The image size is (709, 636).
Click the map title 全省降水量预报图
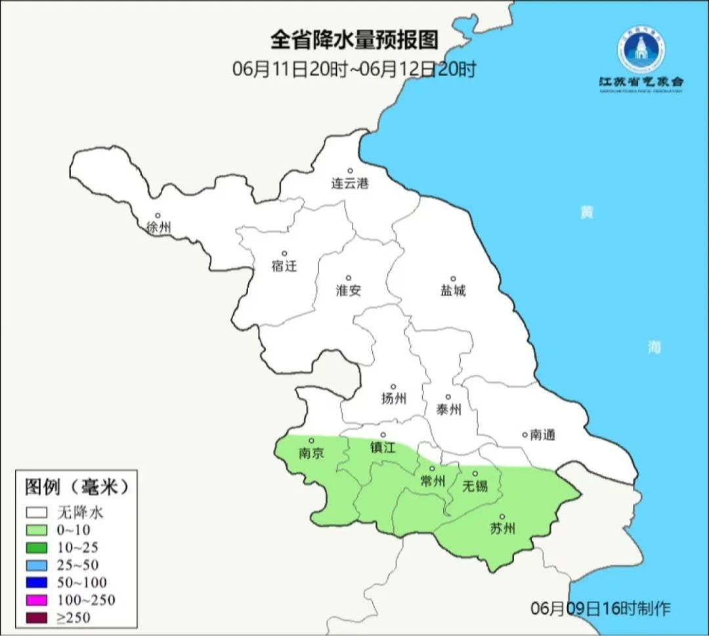coord(354,40)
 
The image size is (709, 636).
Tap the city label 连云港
coord(350,184)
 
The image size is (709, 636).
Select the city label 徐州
coord(159,228)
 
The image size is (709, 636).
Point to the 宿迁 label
coord(284,266)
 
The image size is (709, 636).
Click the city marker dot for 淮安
coord(349,278)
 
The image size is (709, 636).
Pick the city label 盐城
coord(452,291)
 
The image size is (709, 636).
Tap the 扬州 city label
coord(394,398)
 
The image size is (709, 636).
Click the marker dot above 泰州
coord(448,396)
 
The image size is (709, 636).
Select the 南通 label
coord(543,435)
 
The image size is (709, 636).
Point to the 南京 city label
coord(311,453)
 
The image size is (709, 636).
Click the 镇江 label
coord(383,447)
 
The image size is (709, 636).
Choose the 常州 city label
coord(433,482)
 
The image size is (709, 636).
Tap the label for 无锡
coord(475,486)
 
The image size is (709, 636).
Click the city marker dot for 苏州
coord(502,517)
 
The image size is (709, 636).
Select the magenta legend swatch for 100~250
coord(37,599)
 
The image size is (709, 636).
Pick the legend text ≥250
coord(74,617)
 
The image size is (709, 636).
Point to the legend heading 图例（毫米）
coord(75,488)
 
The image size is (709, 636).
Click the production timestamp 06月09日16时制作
coord(601,608)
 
